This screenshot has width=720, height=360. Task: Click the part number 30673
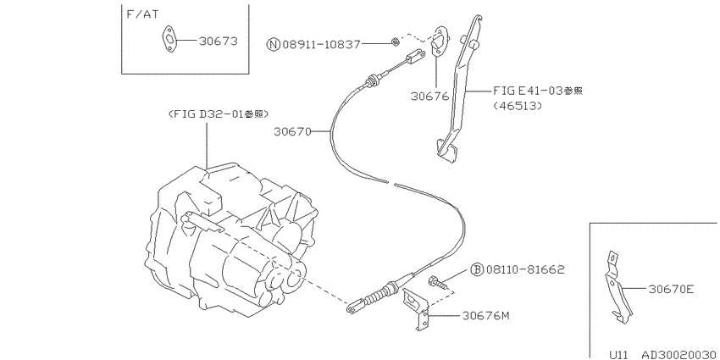click(x=218, y=42)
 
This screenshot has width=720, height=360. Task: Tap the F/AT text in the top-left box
click(x=142, y=14)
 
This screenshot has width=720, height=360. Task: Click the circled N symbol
click(x=274, y=44)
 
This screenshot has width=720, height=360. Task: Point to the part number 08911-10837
click(x=321, y=44)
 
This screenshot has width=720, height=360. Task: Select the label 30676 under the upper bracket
click(x=429, y=97)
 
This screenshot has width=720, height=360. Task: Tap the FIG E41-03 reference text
click(x=538, y=91)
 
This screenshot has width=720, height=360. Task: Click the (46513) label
click(x=518, y=106)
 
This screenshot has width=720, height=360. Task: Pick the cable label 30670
click(x=292, y=132)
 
